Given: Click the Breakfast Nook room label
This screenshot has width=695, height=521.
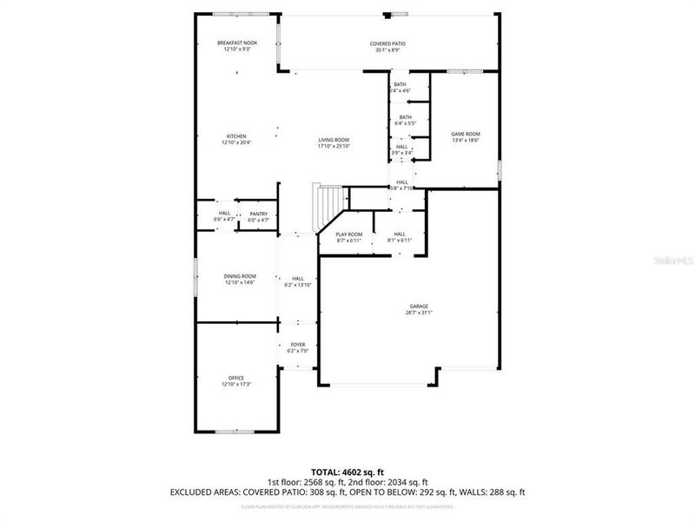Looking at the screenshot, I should pos(236,43).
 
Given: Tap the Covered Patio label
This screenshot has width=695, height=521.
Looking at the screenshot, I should pos(387,43).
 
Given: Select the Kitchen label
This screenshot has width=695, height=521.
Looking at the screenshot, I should pos(236,136).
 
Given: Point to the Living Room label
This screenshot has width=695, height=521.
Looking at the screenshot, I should pos(334,140).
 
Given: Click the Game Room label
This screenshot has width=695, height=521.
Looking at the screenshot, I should pos(466,134).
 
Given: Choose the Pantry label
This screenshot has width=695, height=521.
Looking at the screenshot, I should pos(258,214).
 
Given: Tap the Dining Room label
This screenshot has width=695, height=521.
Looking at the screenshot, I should pos(240,276).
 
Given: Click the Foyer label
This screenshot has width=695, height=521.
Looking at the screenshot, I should pos(297,345).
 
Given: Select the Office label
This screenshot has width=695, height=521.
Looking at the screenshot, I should pos(236,377).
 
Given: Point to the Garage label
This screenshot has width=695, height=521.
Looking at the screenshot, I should pos(419,306).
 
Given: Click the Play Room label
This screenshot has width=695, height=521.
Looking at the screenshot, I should pos(348,234).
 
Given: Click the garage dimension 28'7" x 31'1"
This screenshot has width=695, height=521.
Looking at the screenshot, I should pos(419,313).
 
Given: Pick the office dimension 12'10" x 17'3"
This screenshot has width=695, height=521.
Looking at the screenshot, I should pos(236,384).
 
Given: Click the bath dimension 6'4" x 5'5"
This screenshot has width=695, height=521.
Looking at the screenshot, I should pos(405,123).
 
